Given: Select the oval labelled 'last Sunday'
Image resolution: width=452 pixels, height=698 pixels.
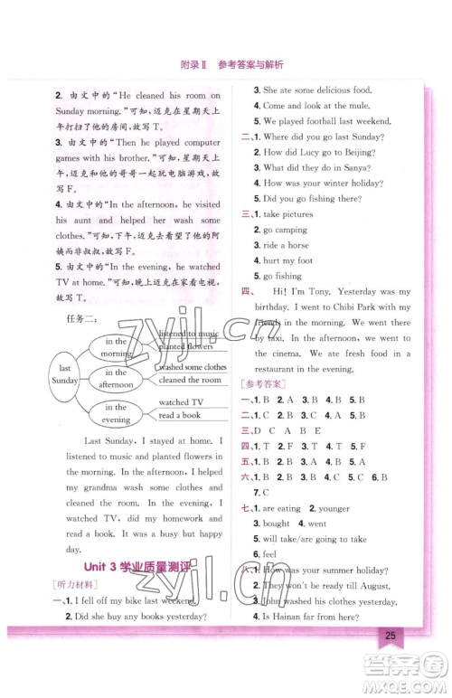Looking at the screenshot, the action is [64, 375].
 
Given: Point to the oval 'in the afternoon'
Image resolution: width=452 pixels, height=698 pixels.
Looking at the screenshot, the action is [116, 379].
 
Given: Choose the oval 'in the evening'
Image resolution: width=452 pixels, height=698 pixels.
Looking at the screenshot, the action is [116, 414].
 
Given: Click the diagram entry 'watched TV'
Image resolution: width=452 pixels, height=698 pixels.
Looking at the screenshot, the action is [182, 402].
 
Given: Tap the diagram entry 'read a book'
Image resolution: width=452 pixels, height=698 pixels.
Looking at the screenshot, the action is [180, 416].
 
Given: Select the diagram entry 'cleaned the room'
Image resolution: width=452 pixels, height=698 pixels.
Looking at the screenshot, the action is [191, 381].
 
